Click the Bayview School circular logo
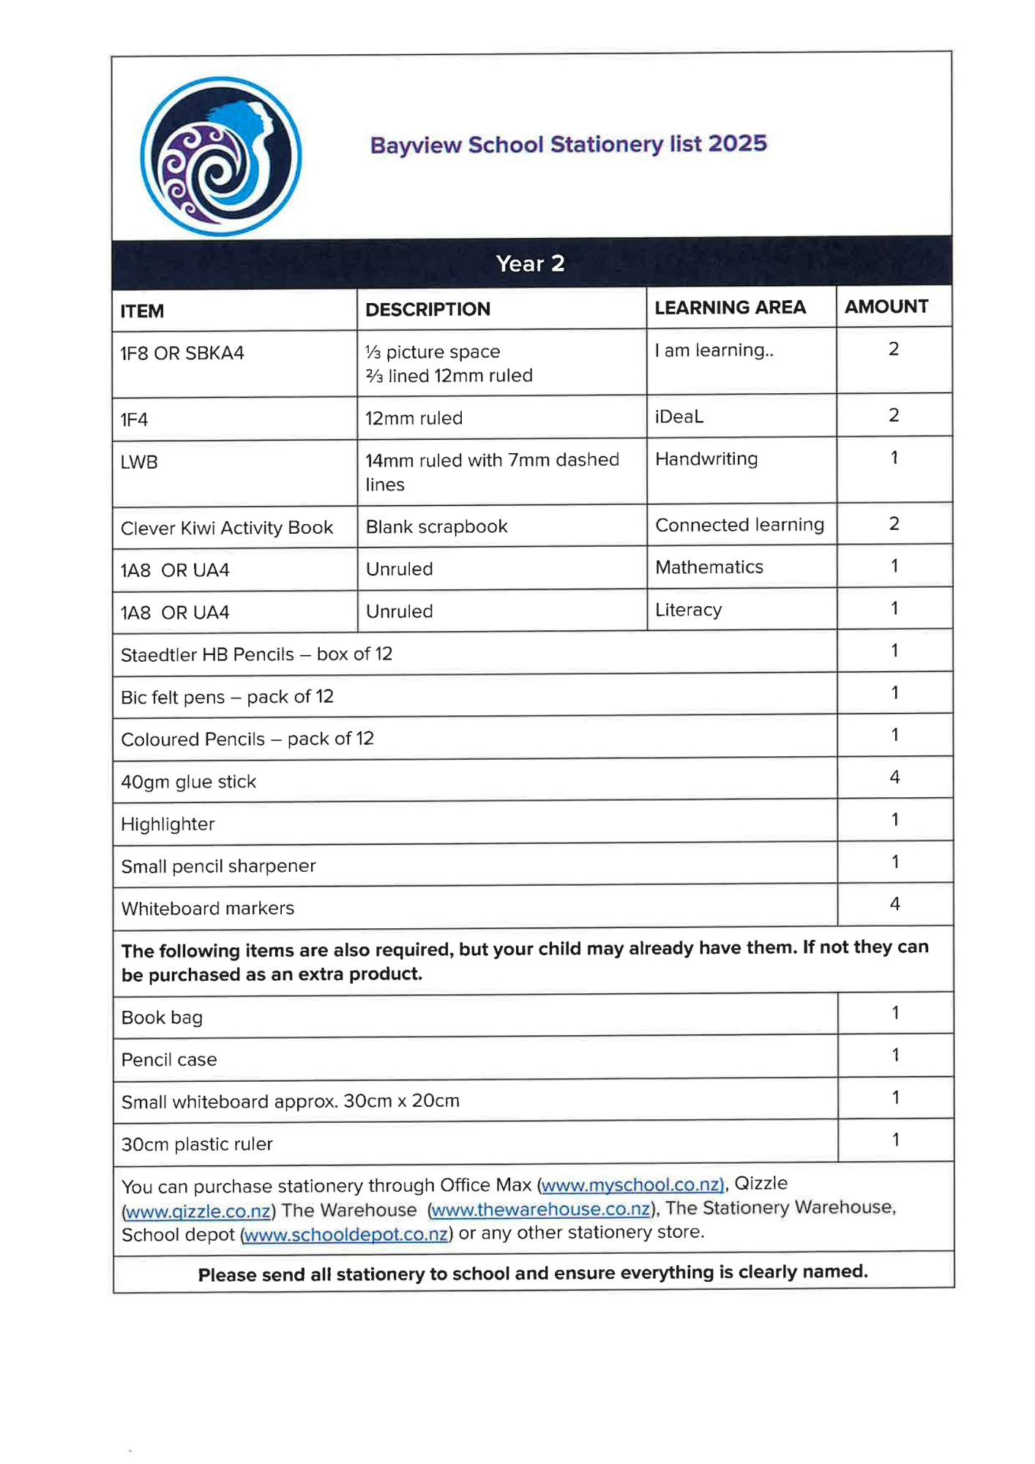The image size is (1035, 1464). click(x=220, y=157)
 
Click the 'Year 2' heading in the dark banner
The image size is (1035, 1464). click(x=530, y=264)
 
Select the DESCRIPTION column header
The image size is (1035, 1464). click(x=427, y=310)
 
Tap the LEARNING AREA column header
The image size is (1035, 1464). click(x=730, y=307)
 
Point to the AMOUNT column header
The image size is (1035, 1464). click(x=886, y=307)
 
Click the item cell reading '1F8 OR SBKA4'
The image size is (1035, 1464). click(x=182, y=354)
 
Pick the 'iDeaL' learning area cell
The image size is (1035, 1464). click(x=679, y=417)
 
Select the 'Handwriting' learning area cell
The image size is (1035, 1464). click(x=706, y=459)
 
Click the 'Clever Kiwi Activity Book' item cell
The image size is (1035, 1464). click(x=227, y=528)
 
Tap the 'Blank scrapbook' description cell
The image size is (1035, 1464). click(x=436, y=526)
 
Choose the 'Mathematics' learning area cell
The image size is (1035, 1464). click(x=709, y=567)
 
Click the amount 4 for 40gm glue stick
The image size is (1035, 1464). click(x=894, y=777)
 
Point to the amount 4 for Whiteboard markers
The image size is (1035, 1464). click(x=894, y=904)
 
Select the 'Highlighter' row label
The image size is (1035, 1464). click(x=168, y=824)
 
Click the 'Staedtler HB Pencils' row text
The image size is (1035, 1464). click(x=256, y=654)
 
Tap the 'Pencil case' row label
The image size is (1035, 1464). click(x=169, y=1060)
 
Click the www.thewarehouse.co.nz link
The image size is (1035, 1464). click(x=541, y=1209)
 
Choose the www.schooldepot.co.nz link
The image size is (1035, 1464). click(x=346, y=1234)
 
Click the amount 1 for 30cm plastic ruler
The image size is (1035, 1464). click(x=895, y=1140)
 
